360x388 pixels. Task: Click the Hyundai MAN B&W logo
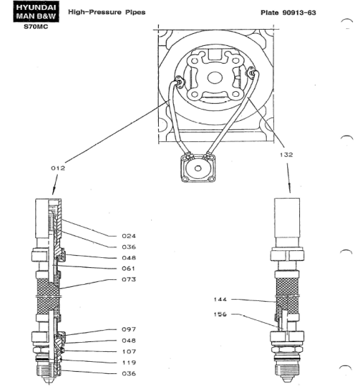tap(36, 11)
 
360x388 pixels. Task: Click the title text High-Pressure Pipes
tap(107, 12)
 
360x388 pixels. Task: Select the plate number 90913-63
tap(299, 13)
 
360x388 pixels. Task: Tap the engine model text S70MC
tap(36, 27)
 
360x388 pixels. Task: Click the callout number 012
tap(58, 168)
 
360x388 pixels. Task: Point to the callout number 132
tap(287, 155)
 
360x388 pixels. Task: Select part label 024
tap(128, 236)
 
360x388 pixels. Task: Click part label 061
tap(128, 269)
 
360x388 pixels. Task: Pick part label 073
tap(128, 279)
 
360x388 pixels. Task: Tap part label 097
tap(128, 329)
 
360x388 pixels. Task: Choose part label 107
tap(128, 352)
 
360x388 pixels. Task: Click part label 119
tap(128, 363)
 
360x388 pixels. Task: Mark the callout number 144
tap(220, 300)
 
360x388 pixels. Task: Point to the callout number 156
tap(220, 314)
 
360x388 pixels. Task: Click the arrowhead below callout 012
tap(54, 192)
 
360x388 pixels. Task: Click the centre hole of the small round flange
tap(198, 168)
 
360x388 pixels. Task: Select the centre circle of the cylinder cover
tap(215, 78)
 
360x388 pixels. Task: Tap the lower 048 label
tap(128, 341)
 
